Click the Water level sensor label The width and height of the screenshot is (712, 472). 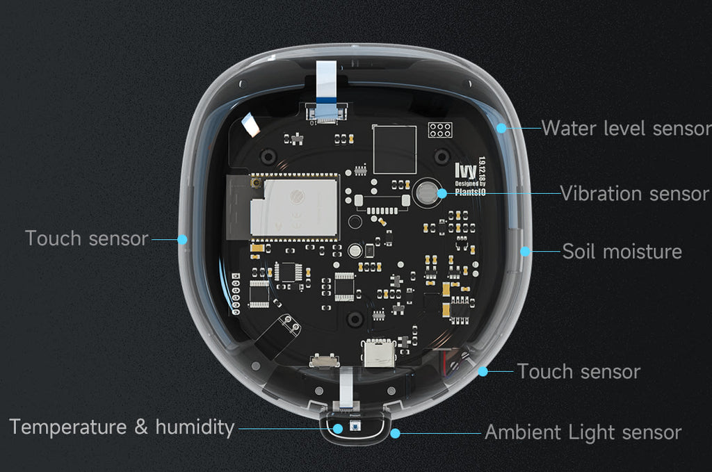pyautogui.click(x=626, y=129)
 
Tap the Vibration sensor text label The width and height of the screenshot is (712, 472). pyautogui.click(x=634, y=194)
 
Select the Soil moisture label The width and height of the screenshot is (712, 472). pyautogui.click(x=622, y=252)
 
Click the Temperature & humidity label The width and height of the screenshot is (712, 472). pyautogui.click(x=122, y=428)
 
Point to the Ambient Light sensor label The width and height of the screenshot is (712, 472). pyautogui.click(x=583, y=432)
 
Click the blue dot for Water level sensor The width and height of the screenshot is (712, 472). pyautogui.click(x=501, y=129)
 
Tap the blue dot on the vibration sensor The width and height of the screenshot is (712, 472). pyautogui.click(x=442, y=194)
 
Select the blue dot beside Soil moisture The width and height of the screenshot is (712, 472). pyautogui.click(x=525, y=252)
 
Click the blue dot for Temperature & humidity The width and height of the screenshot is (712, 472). pyautogui.click(x=338, y=428)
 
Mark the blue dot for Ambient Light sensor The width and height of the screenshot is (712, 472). pyautogui.click(x=395, y=434)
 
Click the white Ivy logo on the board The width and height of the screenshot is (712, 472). pyautogui.click(x=465, y=171)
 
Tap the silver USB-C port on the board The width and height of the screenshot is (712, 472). pyautogui.click(x=379, y=353)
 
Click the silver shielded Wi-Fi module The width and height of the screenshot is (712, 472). pyautogui.click(x=294, y=207)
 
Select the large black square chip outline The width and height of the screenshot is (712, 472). pyautogui.click(x=394, y=149)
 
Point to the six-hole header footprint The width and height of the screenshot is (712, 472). pyautogui.click(x=440, y=130)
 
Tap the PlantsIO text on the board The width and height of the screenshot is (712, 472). pyautogui.click(x=470, y=192)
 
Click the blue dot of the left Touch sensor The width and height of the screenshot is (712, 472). pyautogui.click(x=182, y=239)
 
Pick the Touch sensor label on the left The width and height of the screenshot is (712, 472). pyautogui.click(x=87, y=238)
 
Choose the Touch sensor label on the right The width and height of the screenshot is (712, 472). pyautogui.click(x=579, y=372)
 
